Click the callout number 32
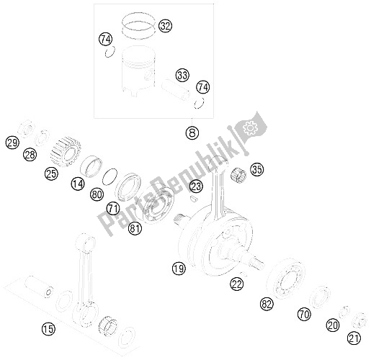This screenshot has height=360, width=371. click(166, 27)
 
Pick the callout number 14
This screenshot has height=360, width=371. click(77, 184)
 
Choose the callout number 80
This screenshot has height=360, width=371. click(97, 193)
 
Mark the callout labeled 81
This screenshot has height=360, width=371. click(134, 230)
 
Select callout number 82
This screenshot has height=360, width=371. click(268, 305)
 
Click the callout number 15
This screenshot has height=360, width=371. click(48, 330)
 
